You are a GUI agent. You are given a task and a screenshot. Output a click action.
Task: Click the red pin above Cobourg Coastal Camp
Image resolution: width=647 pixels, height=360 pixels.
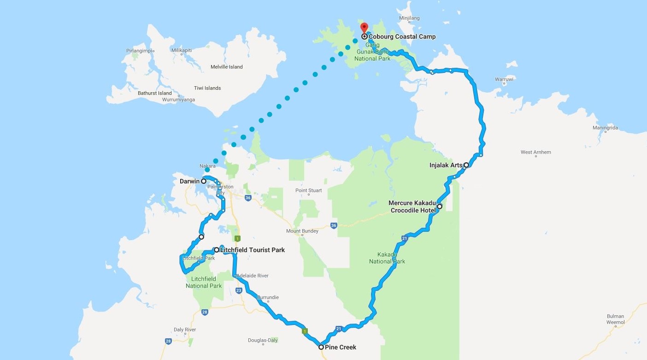pos(364,28)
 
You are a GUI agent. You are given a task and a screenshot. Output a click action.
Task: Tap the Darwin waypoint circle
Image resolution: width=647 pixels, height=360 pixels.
pos(203,181)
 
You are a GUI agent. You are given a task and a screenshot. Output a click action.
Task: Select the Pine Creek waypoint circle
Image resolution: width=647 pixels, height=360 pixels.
pos(321,347)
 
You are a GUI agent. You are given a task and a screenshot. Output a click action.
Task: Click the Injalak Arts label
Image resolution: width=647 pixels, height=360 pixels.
pos(446,165)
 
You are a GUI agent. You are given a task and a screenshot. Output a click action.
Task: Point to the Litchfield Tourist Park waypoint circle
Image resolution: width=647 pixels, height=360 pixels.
pos(217,250)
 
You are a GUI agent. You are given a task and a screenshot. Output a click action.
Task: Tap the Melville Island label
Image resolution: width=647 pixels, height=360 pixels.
pos(226,67)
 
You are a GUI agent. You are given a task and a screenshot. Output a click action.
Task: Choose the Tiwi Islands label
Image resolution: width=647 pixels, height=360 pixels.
pos(207,88)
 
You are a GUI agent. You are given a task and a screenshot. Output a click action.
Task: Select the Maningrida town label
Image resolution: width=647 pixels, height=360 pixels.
pos(606,128)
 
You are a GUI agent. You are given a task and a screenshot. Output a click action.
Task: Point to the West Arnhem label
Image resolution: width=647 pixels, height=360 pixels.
pos(535,152)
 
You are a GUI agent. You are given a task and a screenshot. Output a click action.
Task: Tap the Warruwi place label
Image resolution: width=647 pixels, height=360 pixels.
pos(504,79)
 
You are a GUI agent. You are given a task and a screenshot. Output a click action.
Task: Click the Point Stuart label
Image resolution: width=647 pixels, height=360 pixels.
pos(308,190)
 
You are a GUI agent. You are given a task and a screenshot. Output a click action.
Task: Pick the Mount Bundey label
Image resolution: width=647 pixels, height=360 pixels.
pos(302,231)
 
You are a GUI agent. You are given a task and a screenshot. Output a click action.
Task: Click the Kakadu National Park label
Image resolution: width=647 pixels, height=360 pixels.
pos(387,258)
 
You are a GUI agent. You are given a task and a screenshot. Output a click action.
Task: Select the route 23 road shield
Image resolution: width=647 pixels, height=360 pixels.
pos(239,290)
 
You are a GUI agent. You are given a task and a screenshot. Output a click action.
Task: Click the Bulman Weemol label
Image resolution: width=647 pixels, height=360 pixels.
pos(615,319)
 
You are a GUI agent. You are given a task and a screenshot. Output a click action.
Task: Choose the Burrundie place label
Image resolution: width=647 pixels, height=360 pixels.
pos(268,297)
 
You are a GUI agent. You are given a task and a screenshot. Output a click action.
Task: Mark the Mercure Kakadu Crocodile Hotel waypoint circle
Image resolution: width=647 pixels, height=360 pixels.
pos(440,207)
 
